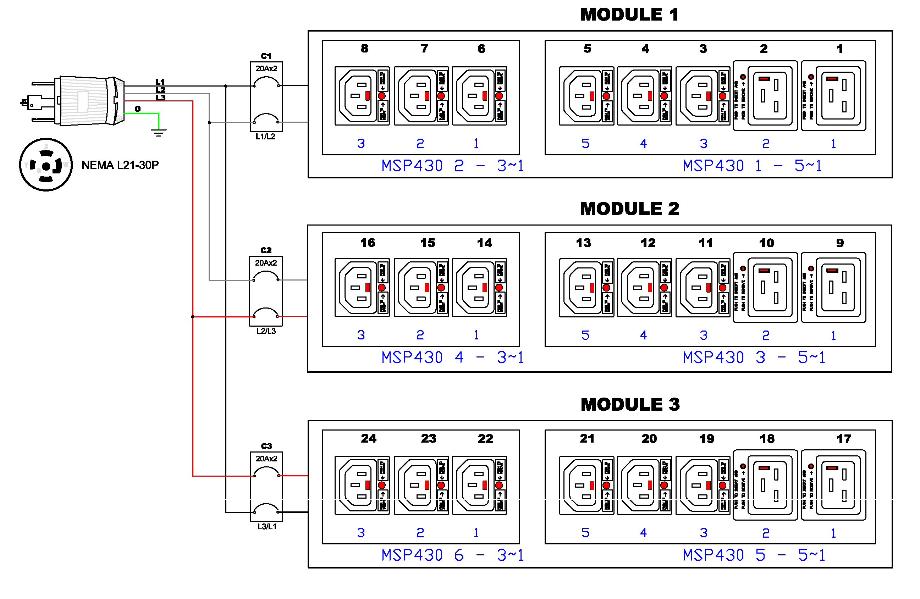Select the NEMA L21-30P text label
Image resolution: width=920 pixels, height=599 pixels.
[120, 165]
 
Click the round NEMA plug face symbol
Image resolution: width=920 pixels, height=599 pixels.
[46, 165]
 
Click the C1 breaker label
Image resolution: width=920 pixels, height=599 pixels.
[266, 56]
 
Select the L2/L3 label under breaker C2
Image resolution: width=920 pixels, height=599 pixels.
[266, 331]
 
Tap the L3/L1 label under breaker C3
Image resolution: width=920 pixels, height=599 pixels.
[266, 526]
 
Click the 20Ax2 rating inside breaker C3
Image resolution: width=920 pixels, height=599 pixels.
[266, 458]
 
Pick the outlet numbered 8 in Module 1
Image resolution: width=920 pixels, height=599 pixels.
[362, 96]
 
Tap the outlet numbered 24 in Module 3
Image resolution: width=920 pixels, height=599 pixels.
[362, 485]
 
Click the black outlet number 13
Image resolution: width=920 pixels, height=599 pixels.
[583, 243]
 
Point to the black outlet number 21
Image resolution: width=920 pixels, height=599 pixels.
[587, 438]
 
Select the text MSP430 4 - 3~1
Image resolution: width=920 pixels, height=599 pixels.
[452, 357]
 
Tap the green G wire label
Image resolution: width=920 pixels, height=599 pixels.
[138, 109]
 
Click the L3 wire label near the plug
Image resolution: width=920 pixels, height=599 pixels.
[160, 98]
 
